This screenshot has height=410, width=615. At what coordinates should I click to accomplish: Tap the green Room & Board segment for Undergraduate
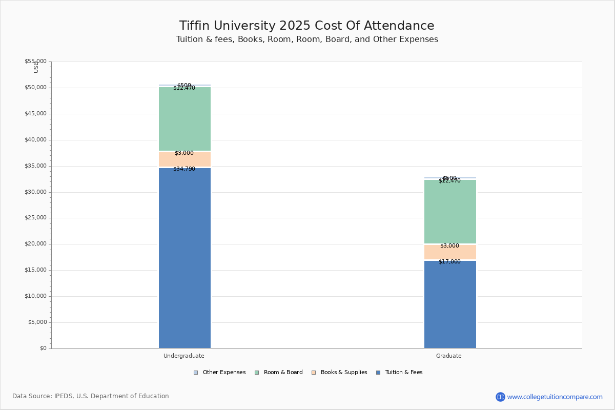pyautogui.click(x=184, y=119)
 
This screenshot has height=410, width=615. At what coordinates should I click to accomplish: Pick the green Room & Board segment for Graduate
pyautogui.click(x=450, y=212)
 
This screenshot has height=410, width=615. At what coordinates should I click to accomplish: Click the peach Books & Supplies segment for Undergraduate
pyautogui.click(x=184, y=159)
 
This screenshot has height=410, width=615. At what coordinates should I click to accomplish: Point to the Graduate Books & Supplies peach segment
pyautogui.click(x=450, y=252)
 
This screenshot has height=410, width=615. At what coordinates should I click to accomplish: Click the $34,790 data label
pyautogui.click(x=184, y=169)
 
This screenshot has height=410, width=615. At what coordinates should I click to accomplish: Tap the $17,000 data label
pyautogui.click(x=449, y=262)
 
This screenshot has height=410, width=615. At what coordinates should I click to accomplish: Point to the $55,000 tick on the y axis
pyautogui.click(x=35, y=61)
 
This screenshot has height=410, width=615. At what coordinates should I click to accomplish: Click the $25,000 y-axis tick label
pyautogui.click(x=35, y=218)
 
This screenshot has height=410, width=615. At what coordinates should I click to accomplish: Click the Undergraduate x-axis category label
pyautogui.click(x=184, y=356)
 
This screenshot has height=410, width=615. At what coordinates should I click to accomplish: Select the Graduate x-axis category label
pyautogui.click(x=449, y=356)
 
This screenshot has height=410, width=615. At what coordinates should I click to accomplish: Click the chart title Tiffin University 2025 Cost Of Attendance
pyautogui.click(x=306, y=26)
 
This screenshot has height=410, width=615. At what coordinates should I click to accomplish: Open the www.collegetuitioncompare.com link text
pyautogui.click(x=555, y=397)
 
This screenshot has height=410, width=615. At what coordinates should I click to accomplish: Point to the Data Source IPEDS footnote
pyautogui.click(x=91, y=396)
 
